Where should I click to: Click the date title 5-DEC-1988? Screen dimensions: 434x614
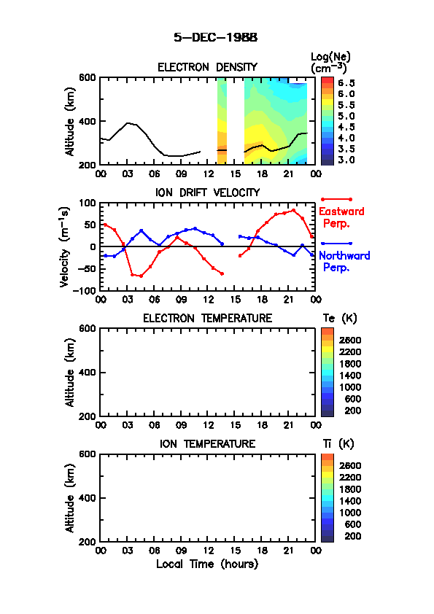coord(216,37)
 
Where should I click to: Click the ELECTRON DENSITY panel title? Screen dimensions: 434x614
coord(207,67)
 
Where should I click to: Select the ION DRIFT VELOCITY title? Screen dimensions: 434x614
coord(207,193)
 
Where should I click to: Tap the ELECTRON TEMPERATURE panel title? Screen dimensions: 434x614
coord(207,318)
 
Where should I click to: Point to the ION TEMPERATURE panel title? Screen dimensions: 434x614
coord(207,443)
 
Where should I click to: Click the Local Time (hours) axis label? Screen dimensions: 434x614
coord(207,564)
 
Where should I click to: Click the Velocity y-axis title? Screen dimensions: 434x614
coord(65,246)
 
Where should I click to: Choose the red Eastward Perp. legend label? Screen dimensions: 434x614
coord(341,217)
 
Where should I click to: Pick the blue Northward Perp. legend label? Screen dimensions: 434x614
coord(344,261)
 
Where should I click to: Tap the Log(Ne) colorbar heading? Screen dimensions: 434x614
coord(330,63)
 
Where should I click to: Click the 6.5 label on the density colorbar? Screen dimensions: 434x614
coord(346,83)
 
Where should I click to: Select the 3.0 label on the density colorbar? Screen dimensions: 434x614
coord(346,160)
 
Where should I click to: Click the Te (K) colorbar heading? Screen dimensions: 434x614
coord(340,319)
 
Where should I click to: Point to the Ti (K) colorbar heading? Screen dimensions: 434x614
coord(338,443)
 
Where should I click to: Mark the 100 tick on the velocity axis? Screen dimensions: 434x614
coord(87,203)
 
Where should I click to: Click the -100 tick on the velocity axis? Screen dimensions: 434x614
coord(84,290)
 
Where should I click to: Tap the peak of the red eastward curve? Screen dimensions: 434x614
coord(293,210)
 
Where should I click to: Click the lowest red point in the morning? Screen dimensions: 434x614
coord(141,276)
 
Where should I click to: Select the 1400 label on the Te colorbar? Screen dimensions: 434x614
coord(350,376)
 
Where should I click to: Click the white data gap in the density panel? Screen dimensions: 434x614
coord(236,121)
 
